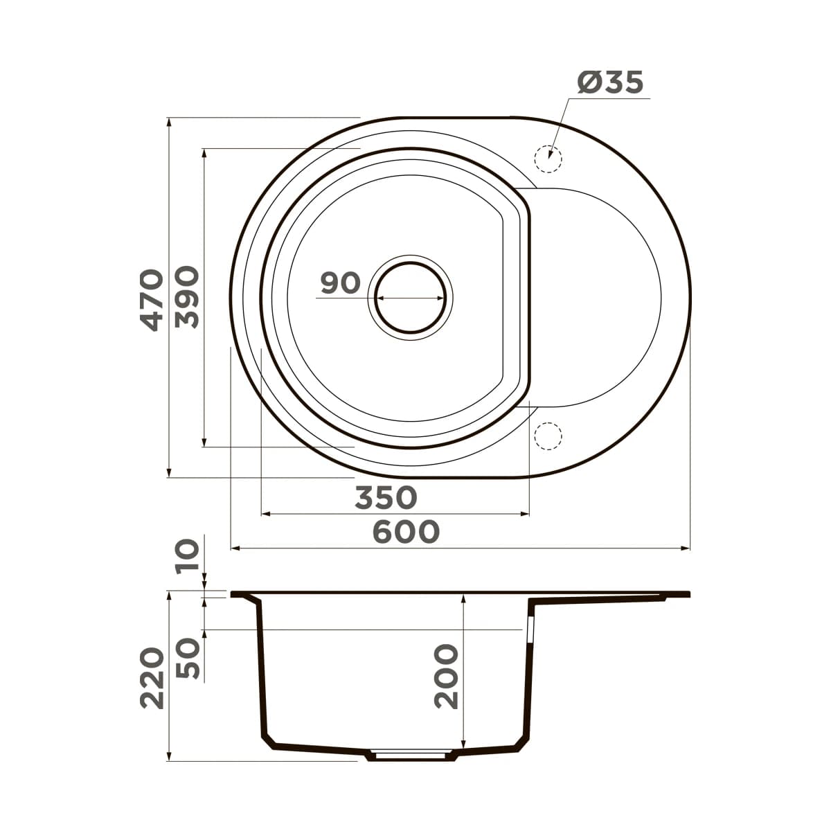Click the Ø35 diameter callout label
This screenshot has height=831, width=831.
(610, 83)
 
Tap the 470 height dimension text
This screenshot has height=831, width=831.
(151, 299)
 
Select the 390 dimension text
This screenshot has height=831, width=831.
(187, 298)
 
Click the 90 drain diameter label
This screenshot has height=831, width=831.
(340, 283)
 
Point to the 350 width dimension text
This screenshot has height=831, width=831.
(386, 497)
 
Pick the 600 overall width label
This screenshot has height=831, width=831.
(406, 532)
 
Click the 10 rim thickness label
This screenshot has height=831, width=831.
(187, 555)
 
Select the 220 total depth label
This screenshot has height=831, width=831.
(152, 678)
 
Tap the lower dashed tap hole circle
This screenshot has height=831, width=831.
(548, 436)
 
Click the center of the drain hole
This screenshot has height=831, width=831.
(410, 298)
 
